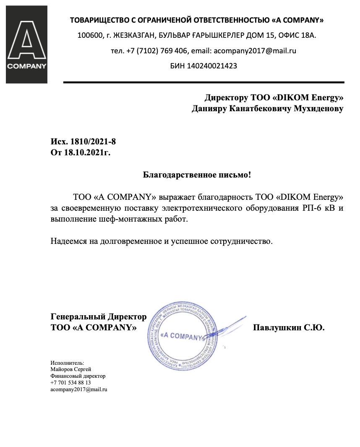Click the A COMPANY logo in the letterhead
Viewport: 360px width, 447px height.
click(26, 45)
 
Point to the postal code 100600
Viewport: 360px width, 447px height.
click(90, 35)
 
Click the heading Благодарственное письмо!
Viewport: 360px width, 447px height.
click(197, 174)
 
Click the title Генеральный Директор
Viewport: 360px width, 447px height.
click(99, 316)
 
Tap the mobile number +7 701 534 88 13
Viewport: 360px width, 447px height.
click(70, 383)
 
